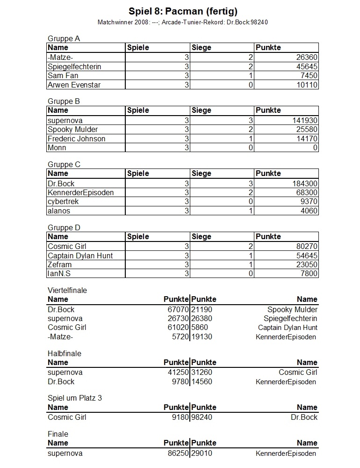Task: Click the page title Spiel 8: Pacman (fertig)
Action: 180,11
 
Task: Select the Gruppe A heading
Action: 64,38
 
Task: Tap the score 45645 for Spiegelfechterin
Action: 307,66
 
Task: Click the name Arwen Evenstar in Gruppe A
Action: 74,85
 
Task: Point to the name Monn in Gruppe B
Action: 57,147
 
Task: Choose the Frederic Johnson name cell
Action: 76,139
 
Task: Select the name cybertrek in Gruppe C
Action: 63,201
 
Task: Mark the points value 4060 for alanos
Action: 309,211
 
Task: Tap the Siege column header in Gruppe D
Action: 201,236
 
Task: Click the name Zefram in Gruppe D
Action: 60,264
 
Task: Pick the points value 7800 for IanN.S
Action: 309,273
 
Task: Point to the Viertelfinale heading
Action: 67,290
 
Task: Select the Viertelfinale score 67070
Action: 177,309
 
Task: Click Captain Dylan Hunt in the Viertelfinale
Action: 288,328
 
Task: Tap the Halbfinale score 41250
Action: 177,373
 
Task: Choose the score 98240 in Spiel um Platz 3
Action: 202,417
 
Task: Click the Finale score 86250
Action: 177,453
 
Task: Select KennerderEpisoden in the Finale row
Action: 286,453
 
